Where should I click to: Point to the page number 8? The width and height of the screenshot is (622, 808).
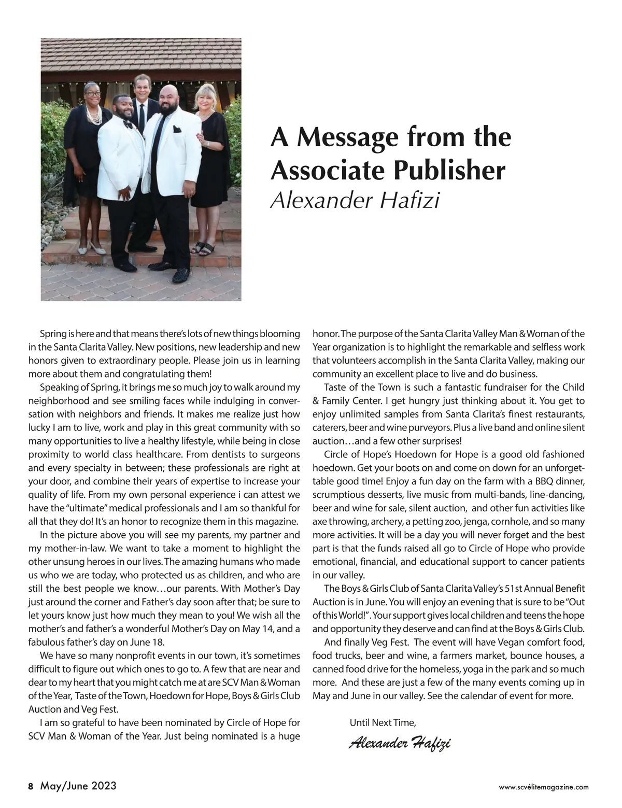(x=31, y=786)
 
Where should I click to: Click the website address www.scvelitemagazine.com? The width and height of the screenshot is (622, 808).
(x=544, y=787)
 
